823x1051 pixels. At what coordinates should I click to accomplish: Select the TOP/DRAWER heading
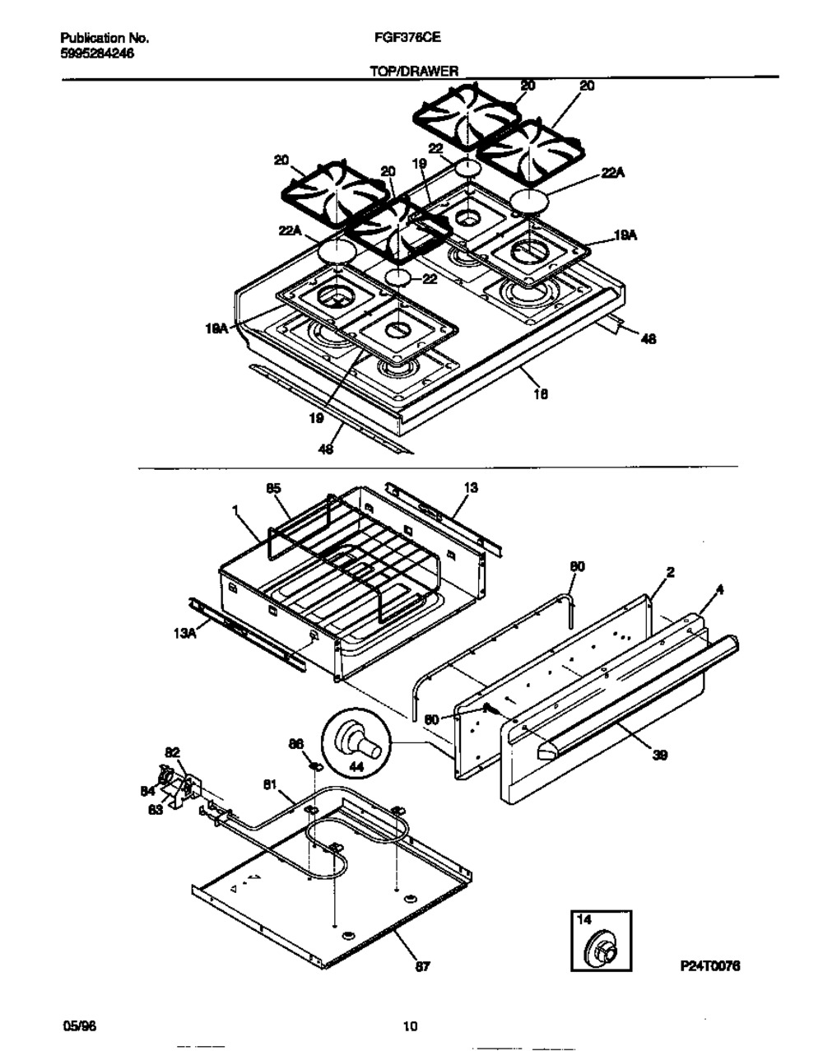pyautogui.click(x=414, y=72)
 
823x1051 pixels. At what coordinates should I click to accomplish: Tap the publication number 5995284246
pyautogui.click(x=98, y=53)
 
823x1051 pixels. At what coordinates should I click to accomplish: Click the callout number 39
pyautogui.click(x=659, y=755)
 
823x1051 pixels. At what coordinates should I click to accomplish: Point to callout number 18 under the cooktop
pyautogui.click(x=540, y=393)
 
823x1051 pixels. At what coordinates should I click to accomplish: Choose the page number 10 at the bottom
pyautogui.click(x=410, y=1025)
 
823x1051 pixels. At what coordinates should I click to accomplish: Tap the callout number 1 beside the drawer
pyautogui.click(x=236, y=511)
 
